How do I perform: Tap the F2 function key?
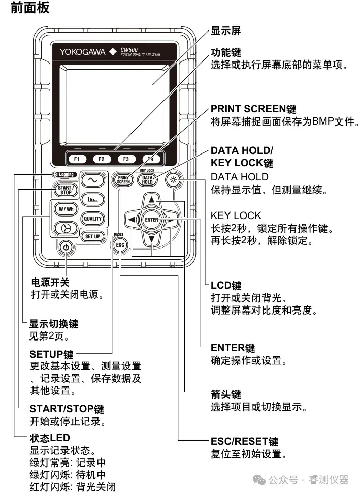pos(102,159)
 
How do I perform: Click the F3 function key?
pos(126,159)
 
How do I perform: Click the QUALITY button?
pos(93,219)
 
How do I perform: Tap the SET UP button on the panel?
pos(93,236)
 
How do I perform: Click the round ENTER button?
pos(151,220)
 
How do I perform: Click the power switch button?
pos(66,248)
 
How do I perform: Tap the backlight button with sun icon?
pos(174,179)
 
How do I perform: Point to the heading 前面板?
pos(30,9)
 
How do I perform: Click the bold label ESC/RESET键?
pos(244,441)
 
